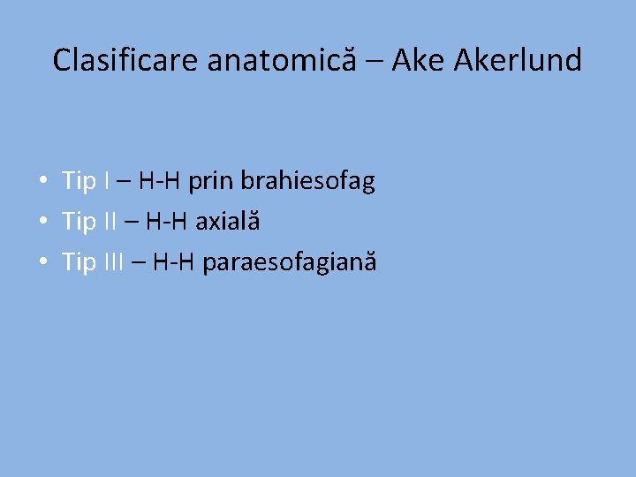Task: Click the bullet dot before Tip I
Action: (x=42, y=182)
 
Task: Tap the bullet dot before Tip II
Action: (x=42, y=222)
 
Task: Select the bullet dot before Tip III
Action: (x=42, y=261)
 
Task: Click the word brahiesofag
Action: (x=308, y=182)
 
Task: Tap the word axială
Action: (x=227, y=222)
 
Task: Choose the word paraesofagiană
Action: (x=290, y=262)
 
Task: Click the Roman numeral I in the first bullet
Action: (x=107, y=182)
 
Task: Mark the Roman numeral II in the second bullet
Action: (x=110, y=222)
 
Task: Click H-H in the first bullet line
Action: (x=160, y=182)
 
